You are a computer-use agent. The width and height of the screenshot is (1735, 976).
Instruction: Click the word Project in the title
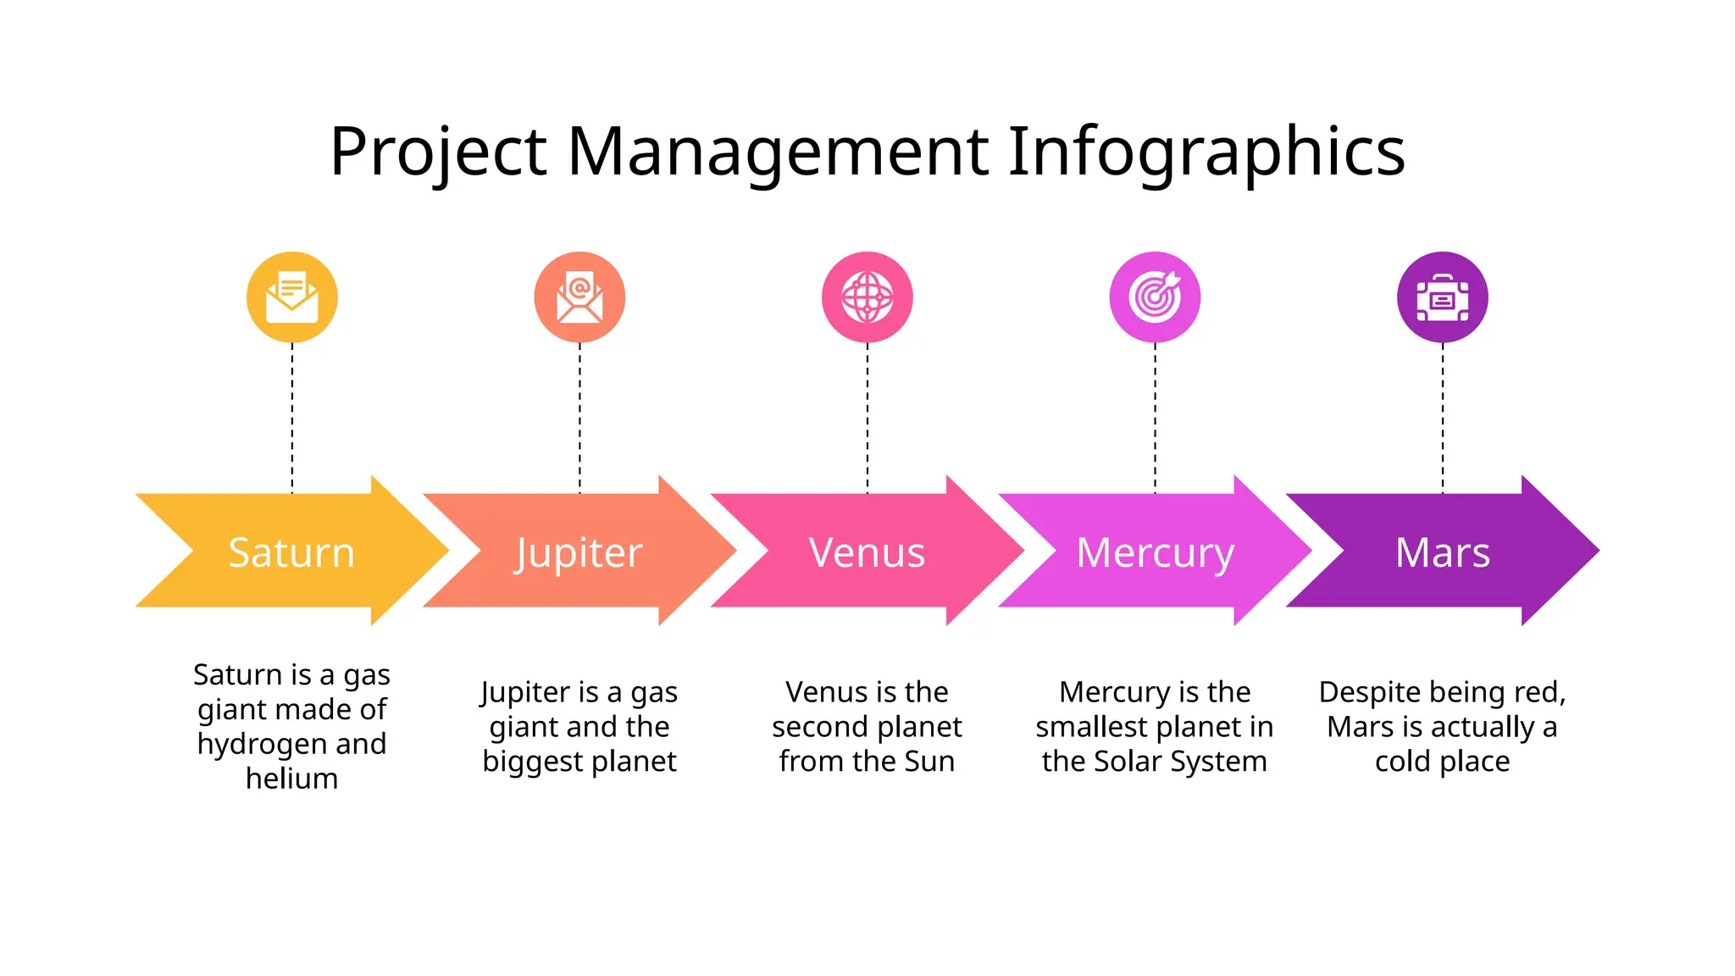(x=438, y=152)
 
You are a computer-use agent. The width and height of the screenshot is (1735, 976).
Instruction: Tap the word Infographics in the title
(x=1206, y=152)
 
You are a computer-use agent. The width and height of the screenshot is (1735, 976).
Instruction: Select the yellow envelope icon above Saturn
(x=292, y=297)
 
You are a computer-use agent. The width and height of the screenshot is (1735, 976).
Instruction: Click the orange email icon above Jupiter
(x=579, y=297)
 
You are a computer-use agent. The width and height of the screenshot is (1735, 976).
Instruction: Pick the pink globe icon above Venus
(x=867, y=297)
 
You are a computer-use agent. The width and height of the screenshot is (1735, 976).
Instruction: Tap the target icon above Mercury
(x=1155, y=297)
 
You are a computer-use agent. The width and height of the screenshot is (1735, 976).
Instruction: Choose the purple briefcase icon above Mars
(x=1442, y=297)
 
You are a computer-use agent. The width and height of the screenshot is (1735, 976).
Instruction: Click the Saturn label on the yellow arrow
(x=291, y=552)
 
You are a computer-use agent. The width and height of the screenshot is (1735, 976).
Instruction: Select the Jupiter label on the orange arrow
(x=579, y=553)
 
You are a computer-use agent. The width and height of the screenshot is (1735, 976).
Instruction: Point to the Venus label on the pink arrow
(x=867, y=552)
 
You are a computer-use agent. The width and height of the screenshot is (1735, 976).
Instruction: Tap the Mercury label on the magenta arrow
(x=1155, y=553)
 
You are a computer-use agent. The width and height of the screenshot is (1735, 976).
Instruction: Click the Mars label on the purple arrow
(x=1442, y=552)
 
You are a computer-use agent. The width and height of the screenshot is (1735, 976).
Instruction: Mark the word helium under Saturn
(x=291, y=779)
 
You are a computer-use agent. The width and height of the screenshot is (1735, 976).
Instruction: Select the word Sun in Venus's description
(x=929, y=762)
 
